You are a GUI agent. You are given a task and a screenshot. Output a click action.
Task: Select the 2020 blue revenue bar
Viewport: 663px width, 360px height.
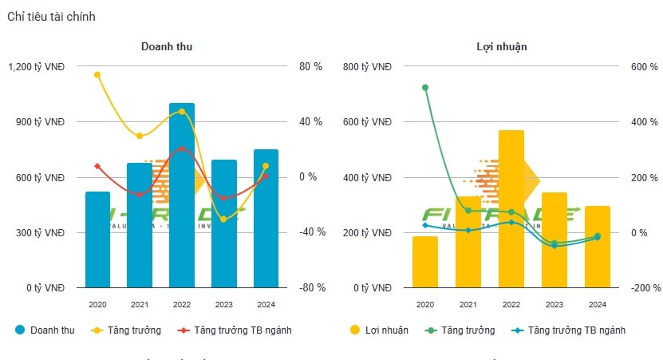97,239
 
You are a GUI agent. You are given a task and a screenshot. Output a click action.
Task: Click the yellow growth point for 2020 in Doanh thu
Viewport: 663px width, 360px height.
97,75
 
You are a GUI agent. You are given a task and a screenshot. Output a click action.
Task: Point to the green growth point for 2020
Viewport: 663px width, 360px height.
425,88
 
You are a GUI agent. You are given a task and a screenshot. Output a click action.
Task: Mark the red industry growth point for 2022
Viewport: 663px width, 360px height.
182,149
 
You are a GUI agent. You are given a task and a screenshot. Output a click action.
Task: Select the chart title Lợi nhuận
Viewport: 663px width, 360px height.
507,46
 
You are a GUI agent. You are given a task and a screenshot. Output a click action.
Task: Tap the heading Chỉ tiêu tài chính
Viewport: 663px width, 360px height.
51,17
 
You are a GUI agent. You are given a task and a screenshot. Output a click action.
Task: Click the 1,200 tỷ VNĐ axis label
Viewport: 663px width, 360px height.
37,67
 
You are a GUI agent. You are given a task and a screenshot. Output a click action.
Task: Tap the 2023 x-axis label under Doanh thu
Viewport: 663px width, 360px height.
224,304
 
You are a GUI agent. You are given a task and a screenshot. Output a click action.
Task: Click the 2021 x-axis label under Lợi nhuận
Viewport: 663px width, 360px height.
468,304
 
